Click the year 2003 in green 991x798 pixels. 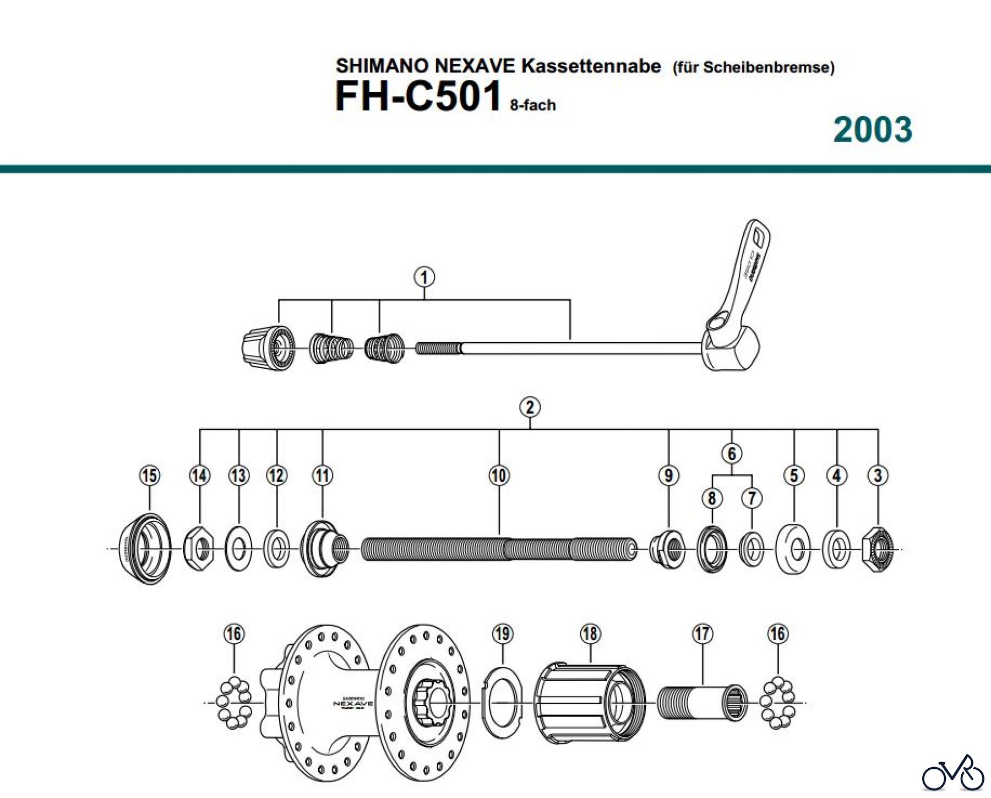[873, 130]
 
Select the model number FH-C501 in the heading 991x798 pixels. [418, 96]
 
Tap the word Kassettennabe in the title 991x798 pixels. [591, 66]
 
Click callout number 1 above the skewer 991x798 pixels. [424, 277]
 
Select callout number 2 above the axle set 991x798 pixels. [530, 407]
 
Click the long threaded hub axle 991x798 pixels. [498, 549]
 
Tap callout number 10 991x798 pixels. [499, 475]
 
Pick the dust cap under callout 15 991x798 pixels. [145, 549]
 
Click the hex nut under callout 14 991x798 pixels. [199, 549]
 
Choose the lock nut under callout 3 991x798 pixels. [878, 549]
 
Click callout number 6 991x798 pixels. [732, 454]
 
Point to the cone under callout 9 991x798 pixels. [667, 549]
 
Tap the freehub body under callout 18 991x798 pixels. [589, 702]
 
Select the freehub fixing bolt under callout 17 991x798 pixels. [703, 703]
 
